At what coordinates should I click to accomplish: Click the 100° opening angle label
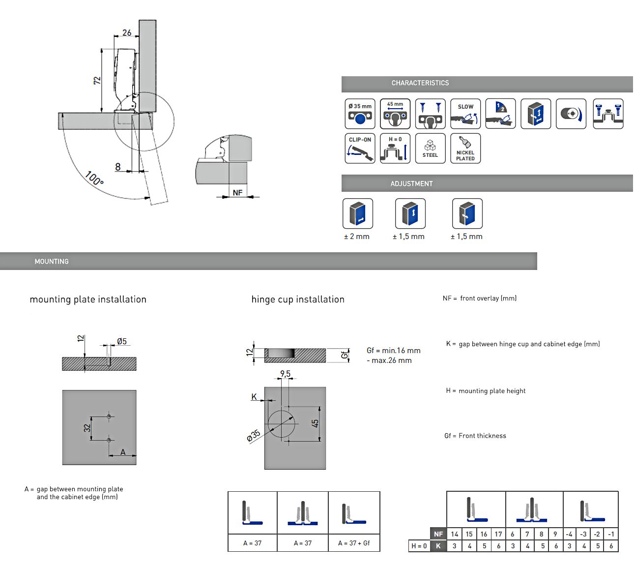[94, 178]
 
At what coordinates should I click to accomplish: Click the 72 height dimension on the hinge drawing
[97, 80]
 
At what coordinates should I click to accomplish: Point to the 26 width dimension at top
[127, 33]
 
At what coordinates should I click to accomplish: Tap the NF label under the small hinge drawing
[237, 192]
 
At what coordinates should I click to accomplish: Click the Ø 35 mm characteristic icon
[360, 114]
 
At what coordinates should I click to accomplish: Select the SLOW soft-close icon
[465, 114]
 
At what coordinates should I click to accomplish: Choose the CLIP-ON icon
[360, 148]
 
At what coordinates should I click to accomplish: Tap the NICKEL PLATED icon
[465, 148]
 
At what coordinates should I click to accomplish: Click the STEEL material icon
[430, 148]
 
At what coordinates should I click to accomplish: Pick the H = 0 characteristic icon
[395, 148]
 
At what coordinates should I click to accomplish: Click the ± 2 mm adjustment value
[357, 237]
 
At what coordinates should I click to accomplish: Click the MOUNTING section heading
[52, 262]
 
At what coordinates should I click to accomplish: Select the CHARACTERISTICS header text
[420, 83]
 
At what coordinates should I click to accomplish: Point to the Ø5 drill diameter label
[122, 341]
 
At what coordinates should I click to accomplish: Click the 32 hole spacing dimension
[87, 428]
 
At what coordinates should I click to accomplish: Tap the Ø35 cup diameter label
[254, 436]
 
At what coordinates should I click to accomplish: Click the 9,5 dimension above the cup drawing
[285, 374]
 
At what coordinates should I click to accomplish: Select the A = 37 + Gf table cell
[354, 543]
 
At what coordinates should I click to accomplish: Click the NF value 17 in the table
[498, 534]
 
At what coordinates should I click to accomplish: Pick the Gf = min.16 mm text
[393, 351]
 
